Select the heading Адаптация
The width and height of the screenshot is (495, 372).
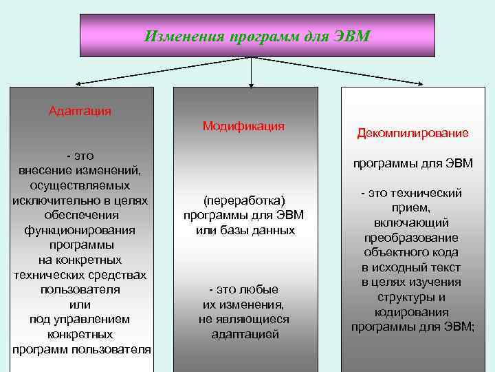pos(80,110)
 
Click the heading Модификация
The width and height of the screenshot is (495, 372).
pos(243,126)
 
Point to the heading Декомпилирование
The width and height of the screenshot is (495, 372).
pos(412,133)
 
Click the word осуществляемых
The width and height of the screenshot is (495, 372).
pos(80,186)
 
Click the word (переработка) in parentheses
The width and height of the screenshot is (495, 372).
pos(243,200)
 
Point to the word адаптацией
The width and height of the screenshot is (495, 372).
pos(243,335)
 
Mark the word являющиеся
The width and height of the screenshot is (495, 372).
pos(254,320)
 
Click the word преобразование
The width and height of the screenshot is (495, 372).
pos(412,238)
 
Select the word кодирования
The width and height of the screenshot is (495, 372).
pos(412,312)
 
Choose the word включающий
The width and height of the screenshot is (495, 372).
pos(412,223)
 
